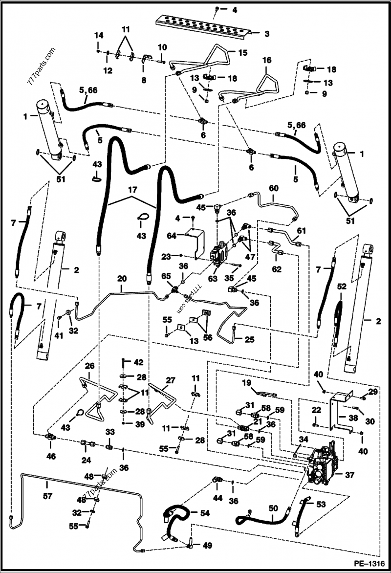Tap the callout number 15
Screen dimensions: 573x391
pos(243,51)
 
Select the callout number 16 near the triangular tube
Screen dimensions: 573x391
pos(266,61)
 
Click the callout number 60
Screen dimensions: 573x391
pos(273,188)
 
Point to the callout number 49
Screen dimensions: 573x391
pos(207,546)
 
